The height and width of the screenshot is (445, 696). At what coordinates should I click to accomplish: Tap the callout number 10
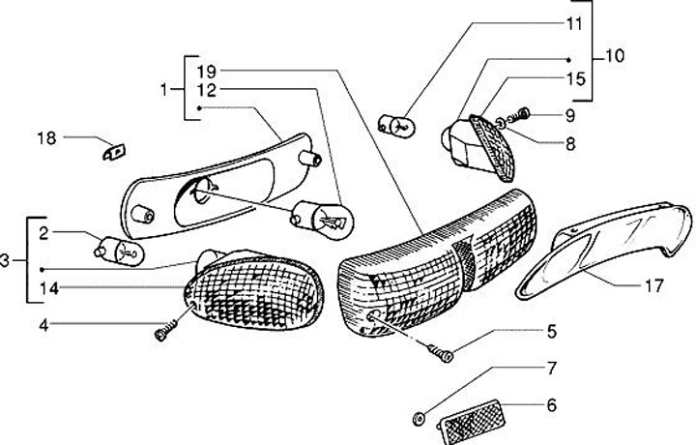coord(616,56)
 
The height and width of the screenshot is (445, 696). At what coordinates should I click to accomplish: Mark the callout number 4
coord(43,324)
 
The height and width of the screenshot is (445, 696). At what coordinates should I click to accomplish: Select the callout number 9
coord(570,115)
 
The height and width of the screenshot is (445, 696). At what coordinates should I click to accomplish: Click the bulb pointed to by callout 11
coord(397,124)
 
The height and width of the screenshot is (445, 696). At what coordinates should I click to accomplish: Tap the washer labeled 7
coord(420,417)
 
